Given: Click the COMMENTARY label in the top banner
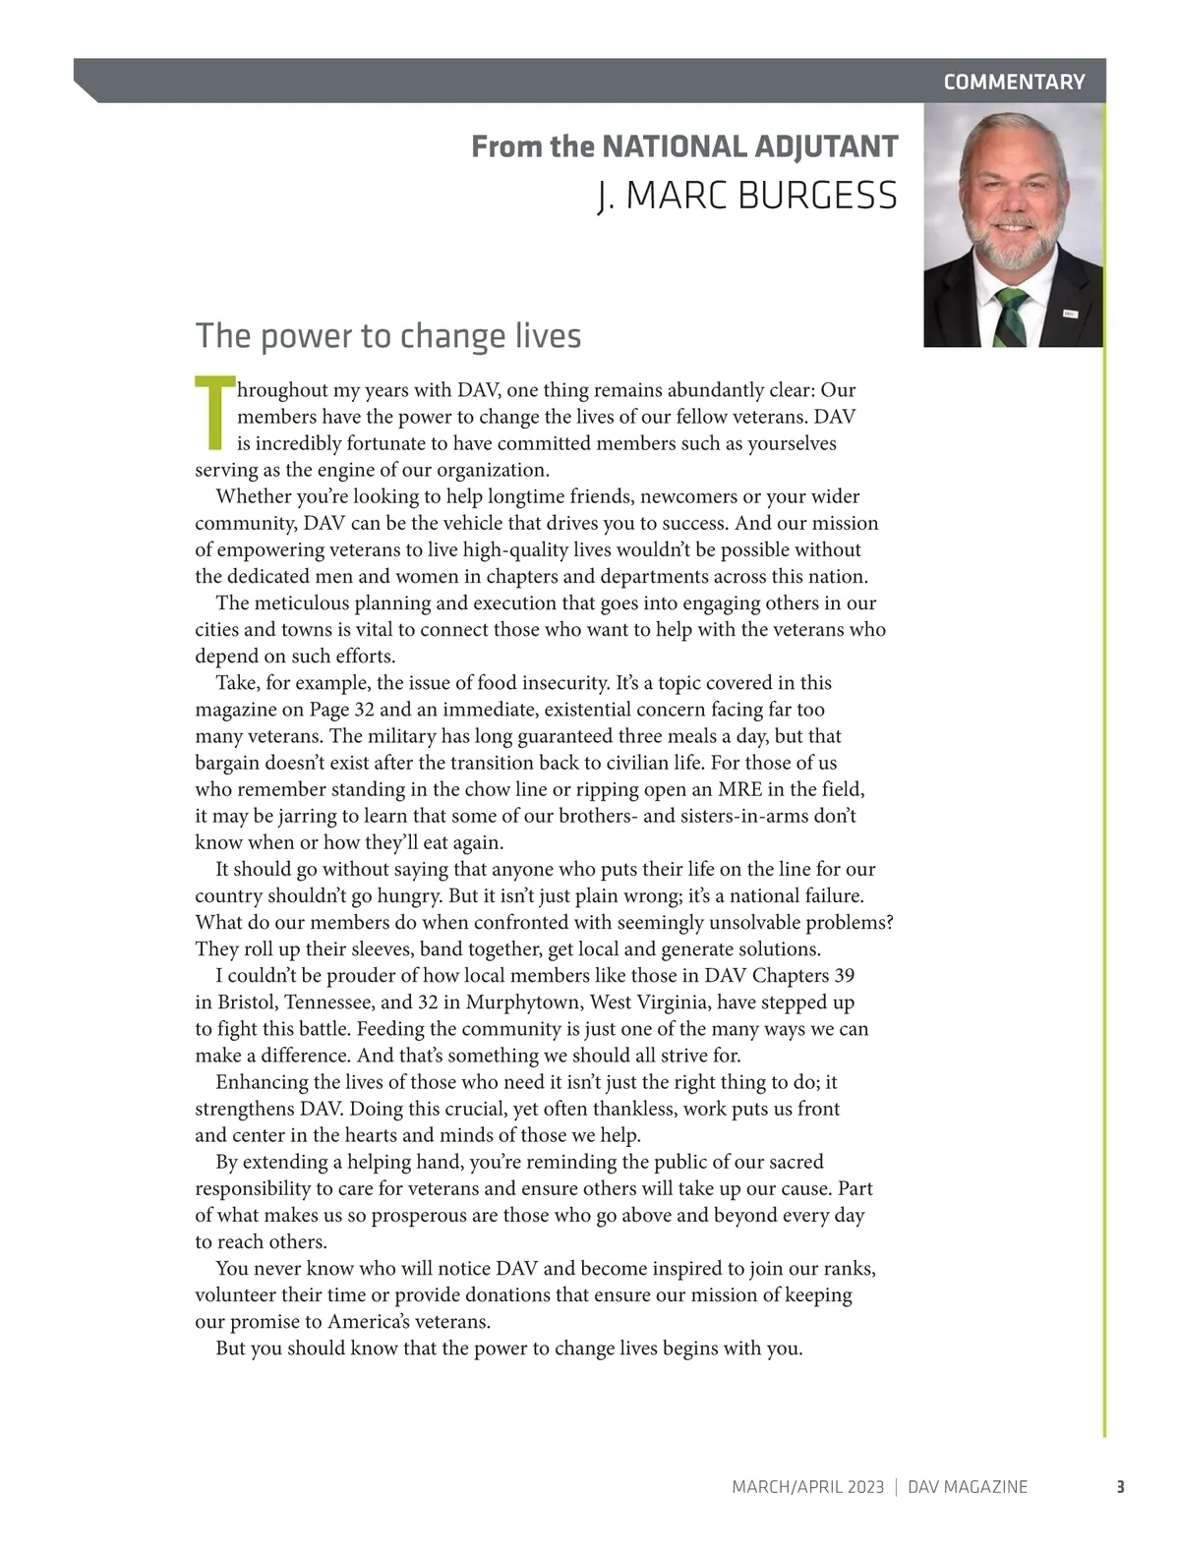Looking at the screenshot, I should click(1014, 83).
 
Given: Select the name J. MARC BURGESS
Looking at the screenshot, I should click(747, 196).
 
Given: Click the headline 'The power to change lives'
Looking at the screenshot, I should click(388, 336).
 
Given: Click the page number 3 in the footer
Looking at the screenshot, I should click(1120, 1487).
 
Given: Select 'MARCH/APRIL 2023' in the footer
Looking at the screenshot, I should click(807, 1487).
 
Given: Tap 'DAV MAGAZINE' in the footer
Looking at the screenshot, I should click(968, 1487).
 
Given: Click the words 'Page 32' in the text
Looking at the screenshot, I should click(342, 710).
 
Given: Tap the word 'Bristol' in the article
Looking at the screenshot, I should click(245, 1003).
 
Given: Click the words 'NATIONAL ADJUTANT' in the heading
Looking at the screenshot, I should click(749, 147).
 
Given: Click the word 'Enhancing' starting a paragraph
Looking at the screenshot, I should click(263, 1082).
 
